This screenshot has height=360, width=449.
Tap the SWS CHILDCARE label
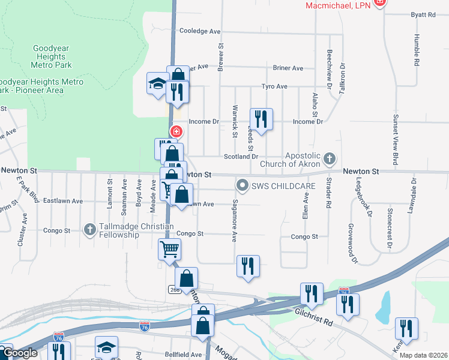click(x=284, y=186)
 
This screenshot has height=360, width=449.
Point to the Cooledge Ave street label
click(x=200, y=31)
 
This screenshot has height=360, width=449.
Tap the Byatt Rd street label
click(x=423, y=14)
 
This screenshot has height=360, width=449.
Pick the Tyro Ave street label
click(x=274, y=86)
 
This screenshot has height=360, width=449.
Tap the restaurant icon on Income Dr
click(x=261, y=119)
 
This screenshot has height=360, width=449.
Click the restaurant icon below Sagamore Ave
click(x=249, y=266)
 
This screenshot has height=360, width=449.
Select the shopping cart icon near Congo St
click(x=169, y=248)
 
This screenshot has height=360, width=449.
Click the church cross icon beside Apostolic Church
click(x=328, y=159)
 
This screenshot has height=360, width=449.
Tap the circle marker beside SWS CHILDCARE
click(x=243, y=185)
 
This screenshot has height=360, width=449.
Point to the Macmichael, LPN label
click(x=339, y=5)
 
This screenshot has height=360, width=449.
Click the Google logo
click(x=19, y=353)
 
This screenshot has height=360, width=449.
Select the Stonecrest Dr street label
click(x=390, y=229)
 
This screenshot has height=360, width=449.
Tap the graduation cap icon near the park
click(x=157, y=83)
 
